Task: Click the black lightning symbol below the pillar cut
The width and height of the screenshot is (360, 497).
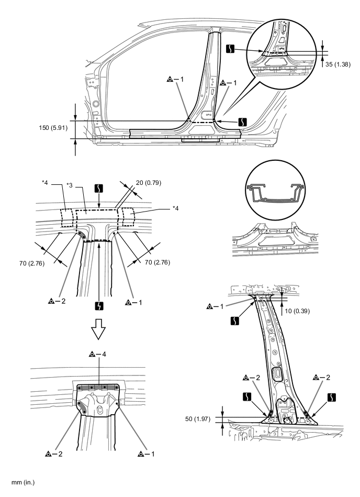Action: coord(99,304)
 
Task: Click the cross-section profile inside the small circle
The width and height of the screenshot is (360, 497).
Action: coord(274,193)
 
